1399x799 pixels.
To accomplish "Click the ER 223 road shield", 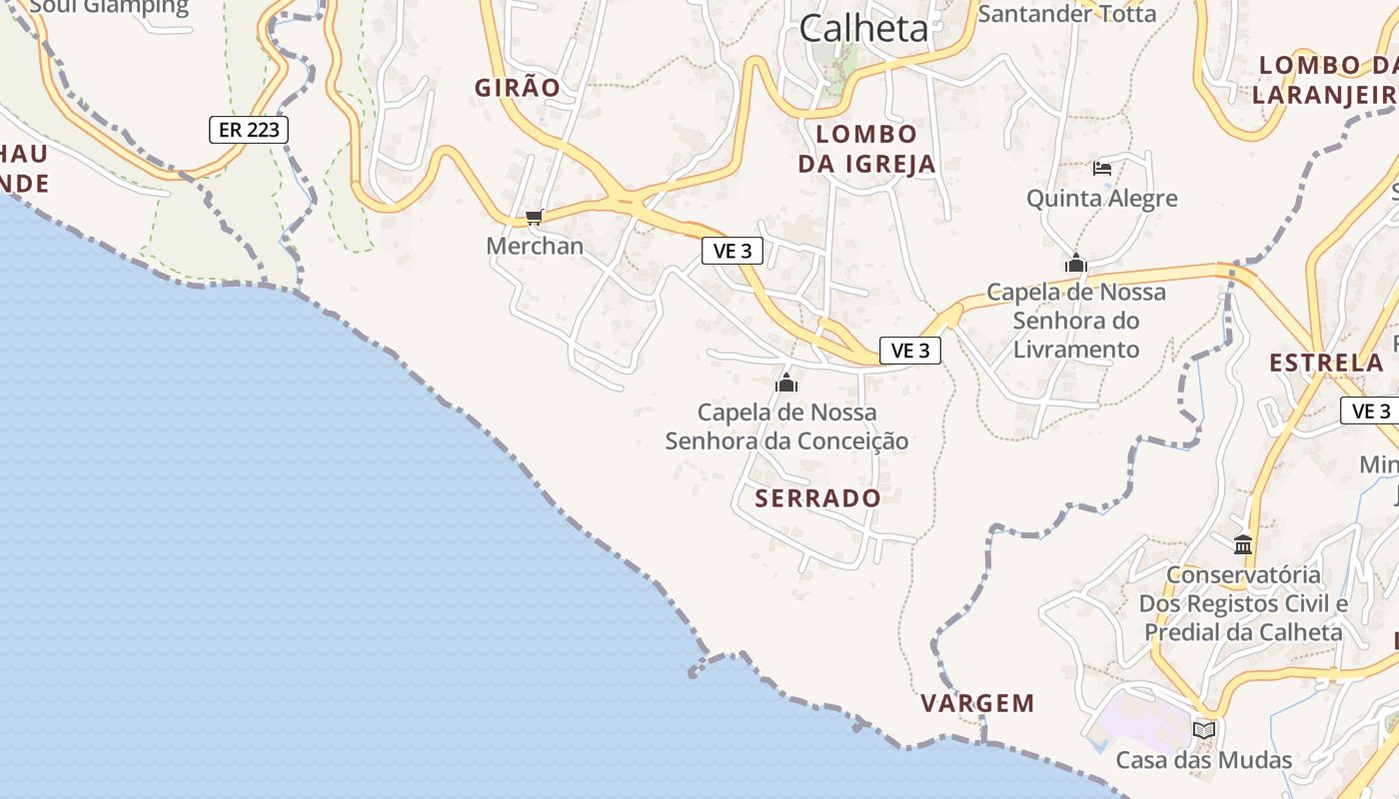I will (x=249, y=129).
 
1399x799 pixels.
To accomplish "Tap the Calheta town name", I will (x=863, y=28).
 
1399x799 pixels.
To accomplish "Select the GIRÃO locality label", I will (x=518, y=88).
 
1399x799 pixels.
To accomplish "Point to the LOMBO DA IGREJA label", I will (x=866, y=149).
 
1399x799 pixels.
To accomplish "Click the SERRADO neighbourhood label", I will (x=818, y=498).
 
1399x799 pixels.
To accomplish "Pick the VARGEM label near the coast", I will (x=977, y=703).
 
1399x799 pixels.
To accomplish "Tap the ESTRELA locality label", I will (x=1326, y=363).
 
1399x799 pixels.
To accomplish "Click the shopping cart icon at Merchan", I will (x=535, y=217).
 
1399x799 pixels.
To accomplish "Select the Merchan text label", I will (x=535, y=246).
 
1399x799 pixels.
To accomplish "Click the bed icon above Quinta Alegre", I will (x=1102, y=169).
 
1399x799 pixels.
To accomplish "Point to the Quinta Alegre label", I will (x=1102, y=199).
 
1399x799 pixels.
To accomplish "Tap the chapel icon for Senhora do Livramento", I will (x=1076, y=264).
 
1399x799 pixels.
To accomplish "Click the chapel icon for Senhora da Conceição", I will (x=786, y=383).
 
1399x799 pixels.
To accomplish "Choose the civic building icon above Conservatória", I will (x=1243, y=544).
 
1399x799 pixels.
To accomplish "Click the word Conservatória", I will (x=1243, y=575).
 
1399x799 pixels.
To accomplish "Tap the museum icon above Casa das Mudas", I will (x=1204, y=731).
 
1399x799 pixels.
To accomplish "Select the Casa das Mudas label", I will (x=1203, y=761).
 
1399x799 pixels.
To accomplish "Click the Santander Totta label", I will (x=1066, y=14).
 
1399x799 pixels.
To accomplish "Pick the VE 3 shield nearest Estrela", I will (x=1370, y=410).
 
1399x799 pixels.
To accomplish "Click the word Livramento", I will (x=1076, y=350).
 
